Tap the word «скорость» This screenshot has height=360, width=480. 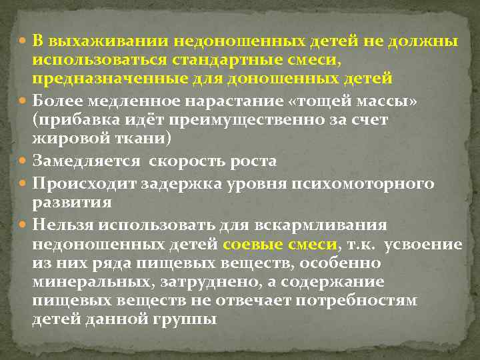point(183,162)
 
